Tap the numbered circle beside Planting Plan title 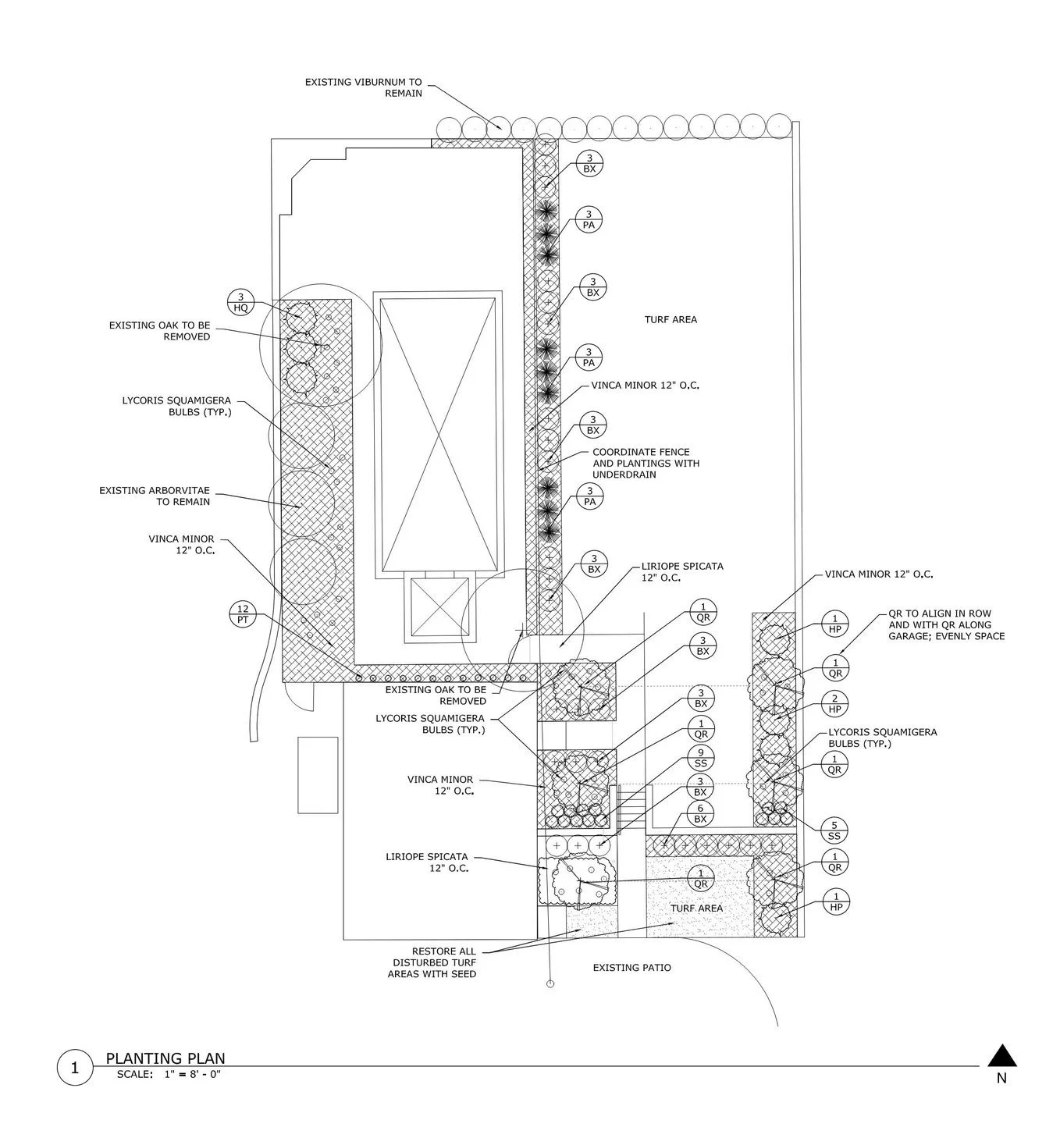(x=75, y=1068)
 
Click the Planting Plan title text (x=165, y=1058)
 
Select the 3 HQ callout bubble (x=241, y=302)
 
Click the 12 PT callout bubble (x=244, y=613)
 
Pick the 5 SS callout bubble (x=834, y=830)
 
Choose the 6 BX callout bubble (x=701, y=813)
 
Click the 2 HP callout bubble (x=835, y=703)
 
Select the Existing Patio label (x=631, y=968)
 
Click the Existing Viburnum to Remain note (x=363, y=87)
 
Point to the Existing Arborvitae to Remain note (x=155, y=496)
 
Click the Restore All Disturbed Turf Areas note (x=432, y=962)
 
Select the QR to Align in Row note (x=946, y=624)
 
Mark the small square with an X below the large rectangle (x=439, y=606)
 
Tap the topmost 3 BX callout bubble (x=589, y=164)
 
